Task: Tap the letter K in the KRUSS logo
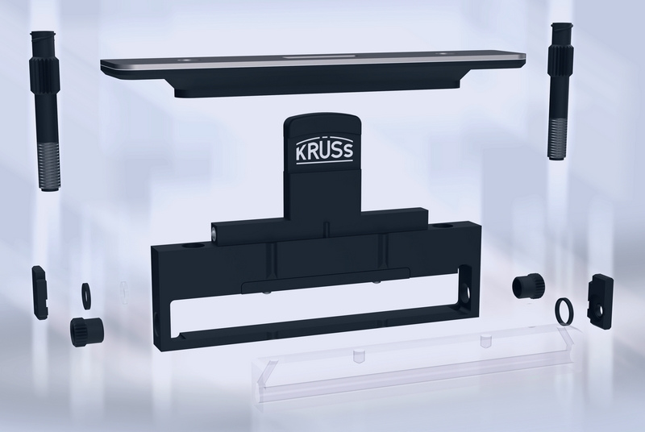pyautogui.click(x=301, y=152)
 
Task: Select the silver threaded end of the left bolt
pyautogui.click(x=49, y=166)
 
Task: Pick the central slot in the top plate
pyautogui.click(x=318, y=56)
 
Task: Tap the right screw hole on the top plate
pyautogui.click(x=443, y=54)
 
